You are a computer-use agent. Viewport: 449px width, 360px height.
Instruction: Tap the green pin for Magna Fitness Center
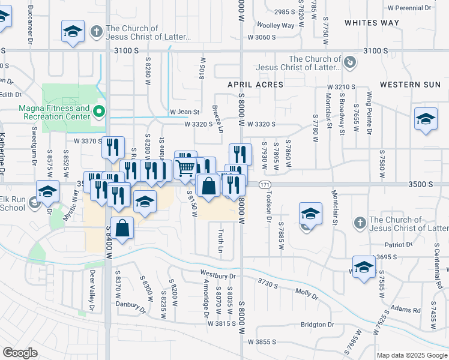[x=100, y=111]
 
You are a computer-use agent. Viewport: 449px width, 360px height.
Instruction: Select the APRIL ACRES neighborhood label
[x=255, y=85]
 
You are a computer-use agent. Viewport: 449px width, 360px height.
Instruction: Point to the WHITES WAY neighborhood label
[x=372, y=22]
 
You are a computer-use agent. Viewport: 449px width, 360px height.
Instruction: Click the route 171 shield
[x=265, y=185]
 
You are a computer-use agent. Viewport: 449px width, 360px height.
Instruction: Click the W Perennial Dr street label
[x=409, y=8]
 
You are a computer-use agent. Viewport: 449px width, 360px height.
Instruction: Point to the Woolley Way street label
[x=276, y=26]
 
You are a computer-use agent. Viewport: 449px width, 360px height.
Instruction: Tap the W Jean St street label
[x=184, y=112]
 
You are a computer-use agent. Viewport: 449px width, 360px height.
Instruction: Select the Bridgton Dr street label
[x=318, y=325]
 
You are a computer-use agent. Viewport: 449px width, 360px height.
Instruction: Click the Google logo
[x=20, y=353]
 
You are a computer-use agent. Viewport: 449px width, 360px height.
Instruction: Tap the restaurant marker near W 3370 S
[x=113, y=148]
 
